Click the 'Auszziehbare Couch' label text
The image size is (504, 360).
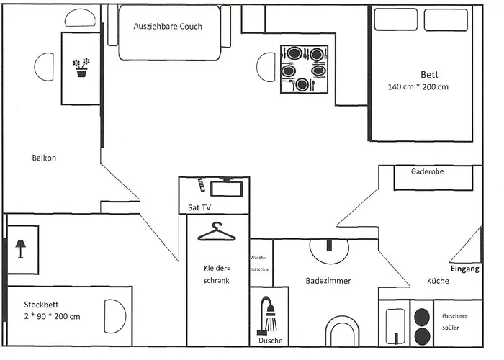[168, 26]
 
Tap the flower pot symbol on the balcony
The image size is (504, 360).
[81, 68]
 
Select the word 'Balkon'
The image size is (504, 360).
[44, 158]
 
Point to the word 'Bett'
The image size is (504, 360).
[430, 74]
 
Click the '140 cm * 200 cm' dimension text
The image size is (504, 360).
[418, 87]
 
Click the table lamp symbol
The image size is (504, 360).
[21, 249]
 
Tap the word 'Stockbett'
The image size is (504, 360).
[42, 304]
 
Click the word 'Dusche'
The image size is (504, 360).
[270, 341]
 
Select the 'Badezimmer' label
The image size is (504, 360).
[328, 281]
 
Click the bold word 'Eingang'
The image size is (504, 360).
[464, 269]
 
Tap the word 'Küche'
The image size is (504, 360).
[438, 281]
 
